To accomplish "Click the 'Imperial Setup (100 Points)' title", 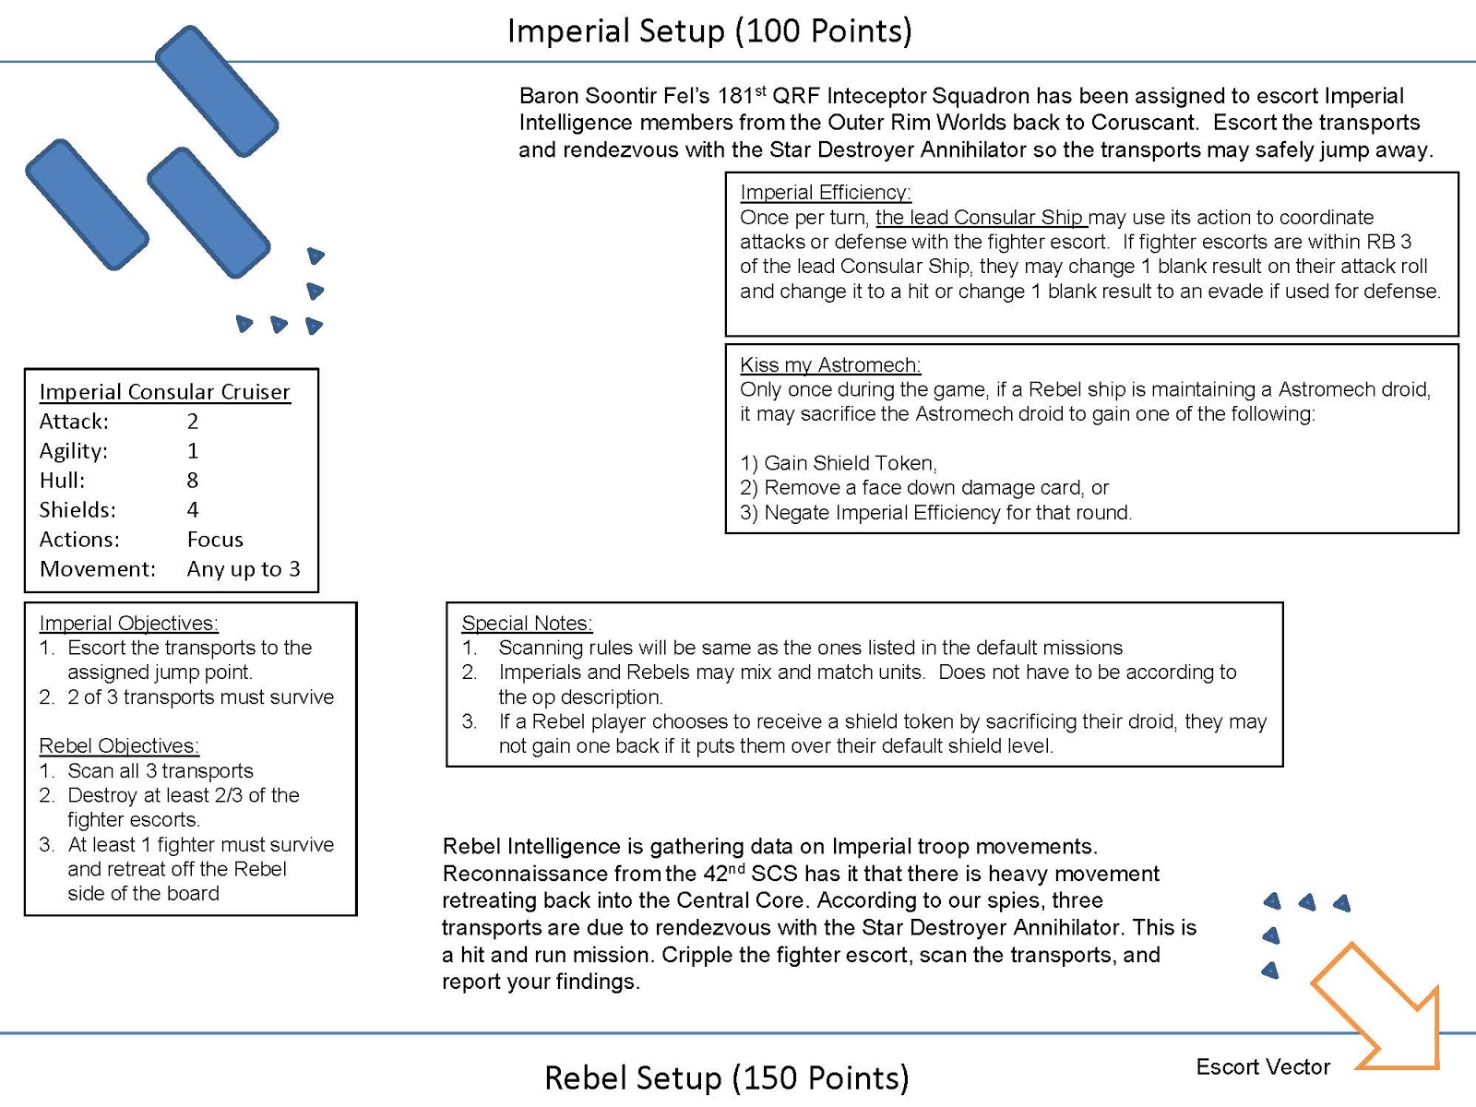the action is (x=709, y=31).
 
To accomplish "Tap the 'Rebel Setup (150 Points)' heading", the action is (x=726, y=1078).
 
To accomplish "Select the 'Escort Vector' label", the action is (x=1263, y=1066).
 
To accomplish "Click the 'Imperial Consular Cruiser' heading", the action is (x=165, y=392).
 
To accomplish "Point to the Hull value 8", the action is (x=192, y=480).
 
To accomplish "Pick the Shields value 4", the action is (x=192, y=509).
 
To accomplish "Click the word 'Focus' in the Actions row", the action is (x=215, y=539).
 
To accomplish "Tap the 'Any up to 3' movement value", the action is (x=244, y=569).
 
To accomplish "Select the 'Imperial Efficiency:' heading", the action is (x=826, y=192).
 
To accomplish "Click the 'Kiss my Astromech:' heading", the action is (x=830, y=365).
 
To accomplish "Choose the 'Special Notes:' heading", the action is (x=527, y=623).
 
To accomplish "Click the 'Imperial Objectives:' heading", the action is (x=128, y=623).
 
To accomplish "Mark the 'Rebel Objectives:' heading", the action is (x=119, y=745).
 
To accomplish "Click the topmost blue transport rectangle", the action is (x=217, y=91).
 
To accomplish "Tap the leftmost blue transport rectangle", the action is (x=88, y=205).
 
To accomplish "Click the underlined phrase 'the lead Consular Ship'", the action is (x=982, y=218).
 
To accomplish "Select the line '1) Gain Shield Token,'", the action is (x=839, y=463).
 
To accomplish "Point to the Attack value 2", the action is (x=192, y=422).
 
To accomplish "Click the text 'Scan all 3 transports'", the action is (x=160, y=770).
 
